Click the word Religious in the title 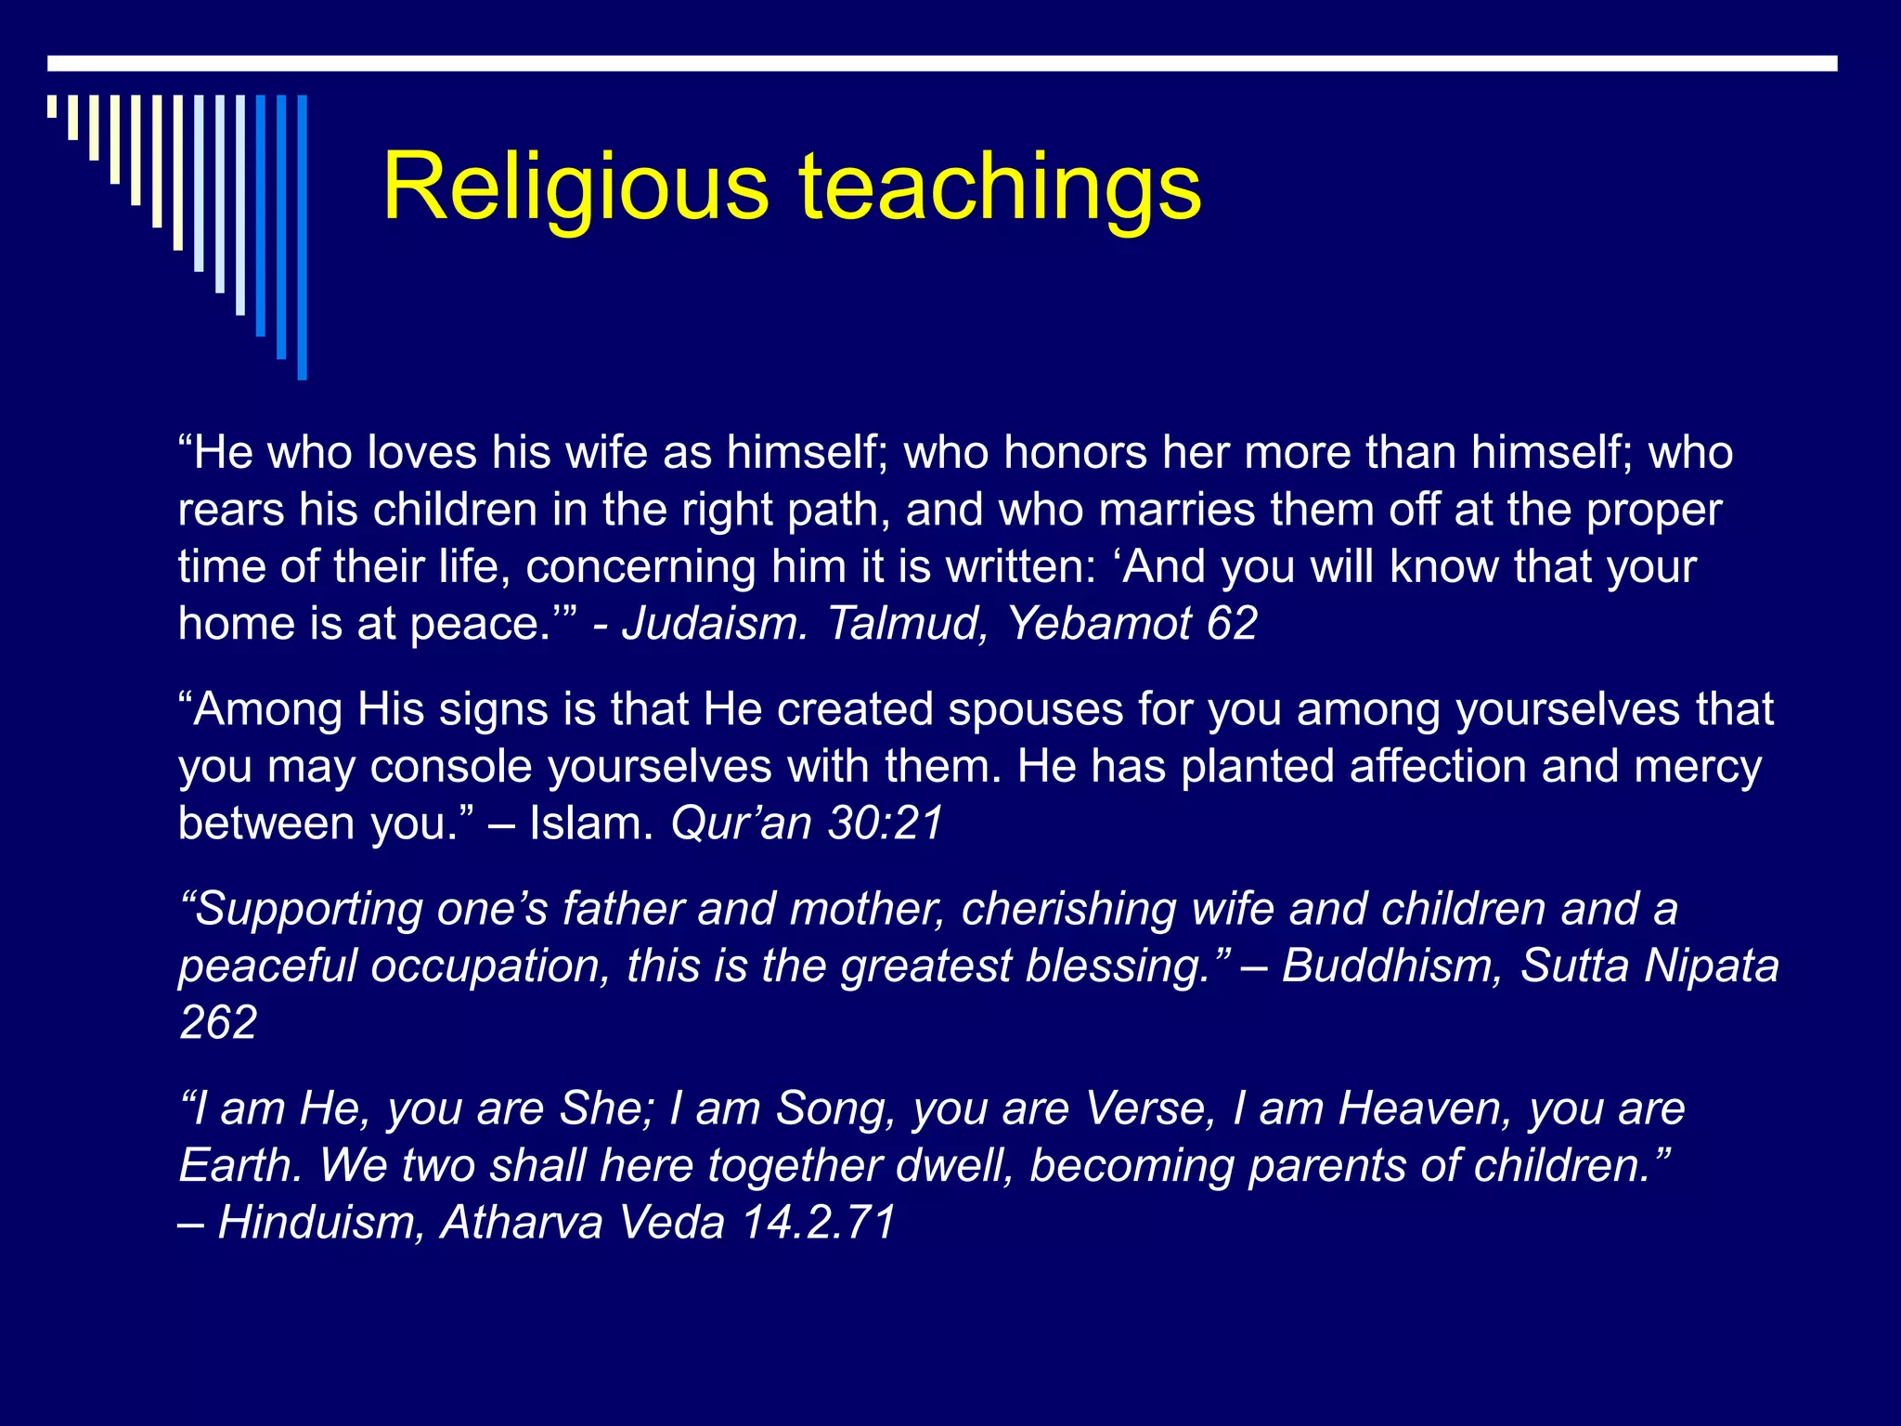click(x=575, y=188)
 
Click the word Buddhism click(x=1391, y=966)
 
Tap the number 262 click(x=218, y=1023)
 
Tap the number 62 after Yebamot click(x=1232, y=623)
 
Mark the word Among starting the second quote click(x=268, y=710)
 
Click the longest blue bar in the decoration click(x=302, y=238)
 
